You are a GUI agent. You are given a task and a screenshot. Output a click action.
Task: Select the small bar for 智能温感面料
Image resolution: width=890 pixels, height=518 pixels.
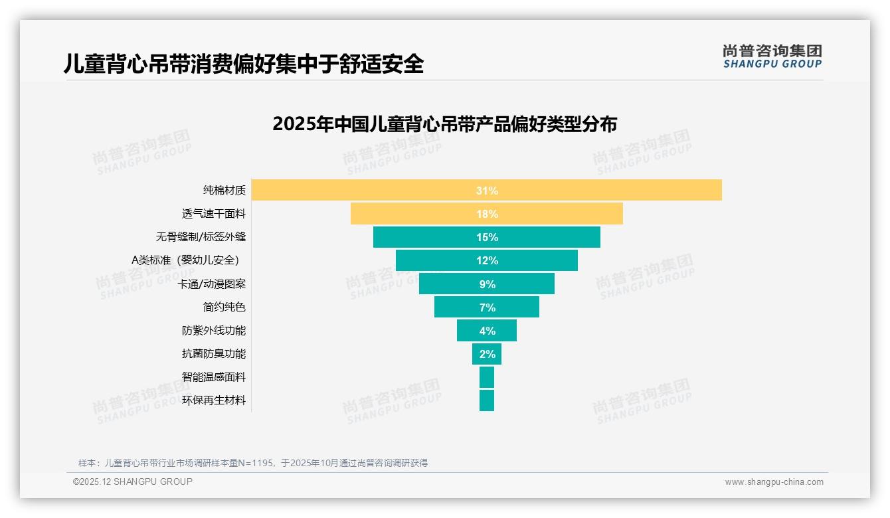click(487, 377)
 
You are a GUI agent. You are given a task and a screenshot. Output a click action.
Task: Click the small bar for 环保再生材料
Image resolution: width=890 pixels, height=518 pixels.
click(487, 400)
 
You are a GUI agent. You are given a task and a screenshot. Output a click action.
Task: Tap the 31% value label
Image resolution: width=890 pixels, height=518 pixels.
click(487, 191)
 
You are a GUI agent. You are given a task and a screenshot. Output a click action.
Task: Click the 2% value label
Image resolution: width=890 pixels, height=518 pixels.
click(488, 354)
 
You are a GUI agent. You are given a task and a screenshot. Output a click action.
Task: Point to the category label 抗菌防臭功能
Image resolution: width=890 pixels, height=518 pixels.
click(213, 354)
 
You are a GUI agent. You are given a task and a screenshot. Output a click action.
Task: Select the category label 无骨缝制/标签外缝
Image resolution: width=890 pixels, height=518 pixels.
click(201, 237)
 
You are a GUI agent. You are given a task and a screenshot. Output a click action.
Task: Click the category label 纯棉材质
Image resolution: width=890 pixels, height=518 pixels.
click(224, 191)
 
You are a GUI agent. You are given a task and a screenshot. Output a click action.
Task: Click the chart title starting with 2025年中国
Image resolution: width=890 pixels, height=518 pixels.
click(444, 125)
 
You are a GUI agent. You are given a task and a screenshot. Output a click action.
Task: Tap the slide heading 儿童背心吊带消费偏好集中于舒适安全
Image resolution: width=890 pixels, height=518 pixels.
click(243, 64)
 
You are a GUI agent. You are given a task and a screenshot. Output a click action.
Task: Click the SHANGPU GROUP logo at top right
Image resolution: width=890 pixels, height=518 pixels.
click(772, 56)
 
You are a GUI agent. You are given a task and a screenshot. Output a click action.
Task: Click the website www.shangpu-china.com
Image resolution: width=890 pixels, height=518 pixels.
click(774, 482)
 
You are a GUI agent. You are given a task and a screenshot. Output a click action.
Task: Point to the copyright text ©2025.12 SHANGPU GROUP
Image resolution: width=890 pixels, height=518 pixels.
click(133, 482)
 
